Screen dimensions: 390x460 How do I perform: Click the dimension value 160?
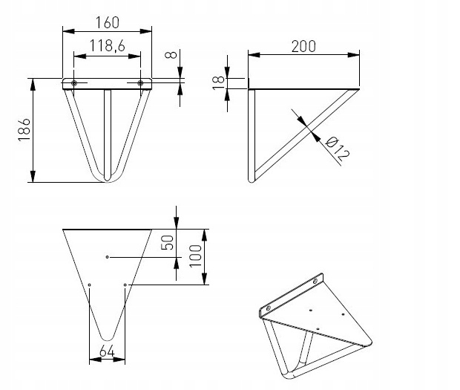click(108, 22)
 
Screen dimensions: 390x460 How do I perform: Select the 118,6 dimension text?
click(107, 47)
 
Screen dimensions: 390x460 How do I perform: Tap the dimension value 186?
click(23, 131)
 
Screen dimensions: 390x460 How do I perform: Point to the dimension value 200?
click(303, 45)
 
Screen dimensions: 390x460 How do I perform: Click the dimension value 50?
click(168, 243)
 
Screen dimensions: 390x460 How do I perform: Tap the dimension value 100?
click(196, 256)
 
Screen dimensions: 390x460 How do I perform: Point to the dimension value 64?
click(107, 351)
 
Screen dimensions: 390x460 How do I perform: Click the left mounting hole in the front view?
click(74, 83)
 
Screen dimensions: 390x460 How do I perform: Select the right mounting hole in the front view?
click(139, 83)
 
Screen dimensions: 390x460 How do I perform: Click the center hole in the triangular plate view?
click(108, 257)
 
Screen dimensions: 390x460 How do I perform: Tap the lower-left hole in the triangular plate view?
click(89, 284)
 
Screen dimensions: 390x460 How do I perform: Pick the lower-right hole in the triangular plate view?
click(125, 284)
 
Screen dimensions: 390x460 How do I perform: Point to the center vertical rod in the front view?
click(107, 130)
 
